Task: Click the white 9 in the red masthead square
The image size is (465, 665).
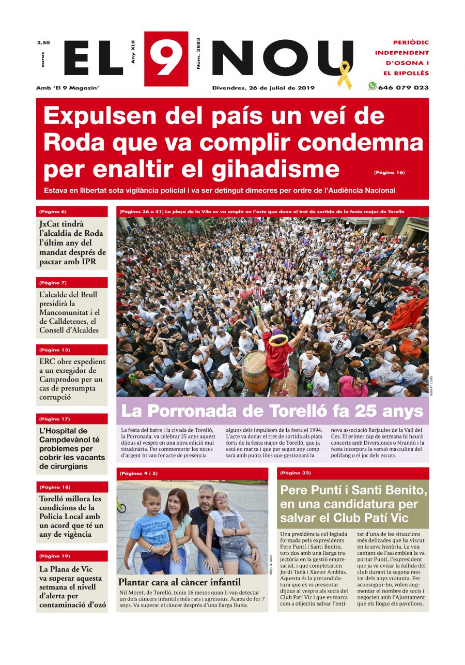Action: coord(165,58)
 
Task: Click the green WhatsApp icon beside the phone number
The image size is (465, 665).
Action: coord(372,86)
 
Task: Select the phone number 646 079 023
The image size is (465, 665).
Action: coord(403,87)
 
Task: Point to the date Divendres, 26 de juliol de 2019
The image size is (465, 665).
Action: coord(263,87)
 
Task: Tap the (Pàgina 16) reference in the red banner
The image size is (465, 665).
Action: coord(389,172)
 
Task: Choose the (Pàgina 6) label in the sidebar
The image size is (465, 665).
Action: coord(53,211)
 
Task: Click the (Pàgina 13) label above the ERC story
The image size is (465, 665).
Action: coord(54,350)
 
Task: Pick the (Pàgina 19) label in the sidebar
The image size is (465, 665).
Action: coord(54,556)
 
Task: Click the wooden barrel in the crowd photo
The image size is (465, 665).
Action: coord(256,372)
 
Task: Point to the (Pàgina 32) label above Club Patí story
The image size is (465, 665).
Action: coord(296,473)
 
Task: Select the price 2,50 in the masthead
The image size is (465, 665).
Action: coord(43,42)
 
